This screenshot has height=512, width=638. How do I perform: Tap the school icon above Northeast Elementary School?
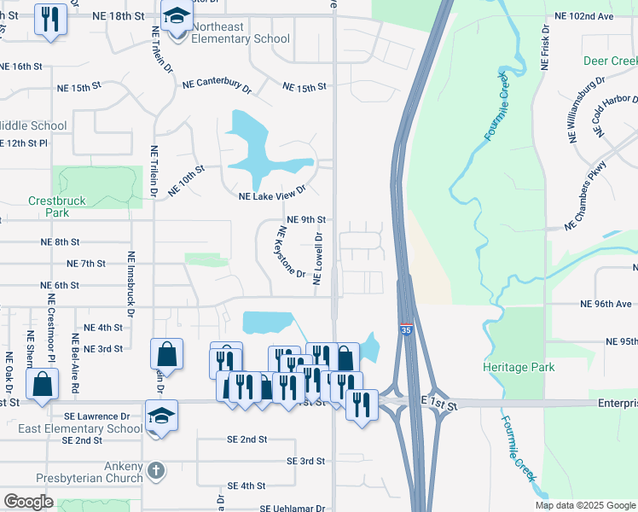point(177,16)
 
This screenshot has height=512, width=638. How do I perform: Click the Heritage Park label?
point(519,367)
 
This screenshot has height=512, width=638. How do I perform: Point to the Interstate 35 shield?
point(403,329)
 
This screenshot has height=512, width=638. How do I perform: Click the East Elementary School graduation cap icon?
point(160,416)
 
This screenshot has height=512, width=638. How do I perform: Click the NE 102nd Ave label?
point(583,15)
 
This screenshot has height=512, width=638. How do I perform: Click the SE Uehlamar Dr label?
point(293,508)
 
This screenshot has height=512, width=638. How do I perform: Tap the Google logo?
point(28,502)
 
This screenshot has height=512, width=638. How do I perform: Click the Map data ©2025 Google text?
point(584,505)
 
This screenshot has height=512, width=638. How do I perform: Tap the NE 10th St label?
point(187,181)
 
